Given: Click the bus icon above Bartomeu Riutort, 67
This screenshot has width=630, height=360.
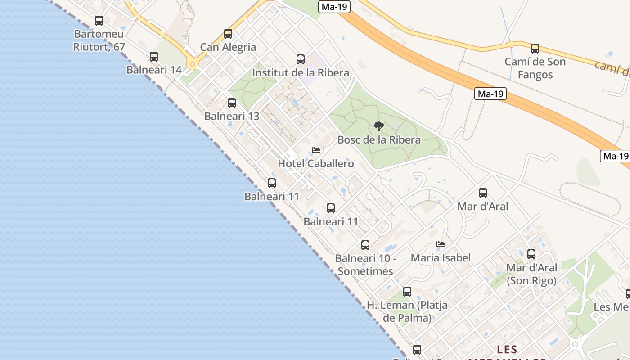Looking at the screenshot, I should coord(99,21).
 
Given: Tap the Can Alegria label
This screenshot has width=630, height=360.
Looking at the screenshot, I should coord(228,47).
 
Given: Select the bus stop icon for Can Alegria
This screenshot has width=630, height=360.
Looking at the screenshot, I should coord(228,34).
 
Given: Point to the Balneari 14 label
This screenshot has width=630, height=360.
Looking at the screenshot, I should coord(154,70).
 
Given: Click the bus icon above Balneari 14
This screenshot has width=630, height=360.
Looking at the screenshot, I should coord(154,57).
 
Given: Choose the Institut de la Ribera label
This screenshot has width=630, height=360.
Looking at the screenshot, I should coord(301,73).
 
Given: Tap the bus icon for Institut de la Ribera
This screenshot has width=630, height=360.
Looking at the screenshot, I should coord(301,59).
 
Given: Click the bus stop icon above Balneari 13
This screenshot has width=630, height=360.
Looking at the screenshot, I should coord(232,103).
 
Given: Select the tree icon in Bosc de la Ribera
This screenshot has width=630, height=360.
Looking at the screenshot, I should coord(379,126).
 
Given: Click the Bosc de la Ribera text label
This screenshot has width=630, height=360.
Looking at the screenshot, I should coord(379,140).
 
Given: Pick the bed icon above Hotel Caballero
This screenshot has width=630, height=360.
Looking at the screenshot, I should coord(316,150).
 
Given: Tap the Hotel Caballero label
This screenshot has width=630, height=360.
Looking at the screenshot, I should coord(316,164).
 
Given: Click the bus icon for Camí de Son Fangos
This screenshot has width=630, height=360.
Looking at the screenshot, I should coord(535,49).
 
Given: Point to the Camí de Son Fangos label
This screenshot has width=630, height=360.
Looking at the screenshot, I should coord(535,68).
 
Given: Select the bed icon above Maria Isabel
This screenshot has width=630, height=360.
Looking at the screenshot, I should coord(441,245).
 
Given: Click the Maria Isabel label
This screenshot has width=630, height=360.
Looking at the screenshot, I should coord(441,258).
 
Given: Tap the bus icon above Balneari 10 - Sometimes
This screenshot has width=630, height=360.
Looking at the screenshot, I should coord(365,245).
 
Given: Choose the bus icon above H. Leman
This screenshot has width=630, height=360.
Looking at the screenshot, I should coord(407,292).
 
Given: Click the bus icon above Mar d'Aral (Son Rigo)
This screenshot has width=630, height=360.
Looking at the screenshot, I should coord(531,254).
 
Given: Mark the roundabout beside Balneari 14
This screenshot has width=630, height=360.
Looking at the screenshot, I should coord(193,64).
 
